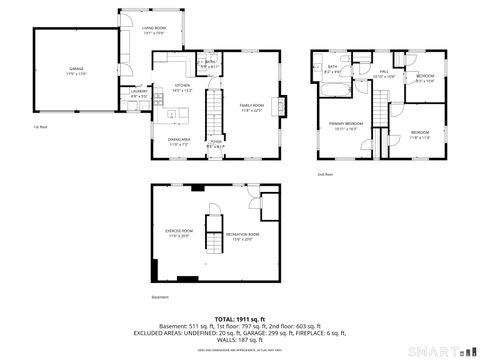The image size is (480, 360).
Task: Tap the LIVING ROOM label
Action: (x=154, y=31)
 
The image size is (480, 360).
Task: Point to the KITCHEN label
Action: (x=182, y=87)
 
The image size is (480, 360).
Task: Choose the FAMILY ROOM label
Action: (x=250, y=106)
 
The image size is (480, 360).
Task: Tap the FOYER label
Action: (x=214, y=143)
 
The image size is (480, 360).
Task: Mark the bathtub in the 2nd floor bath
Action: (x=331, y=87)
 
